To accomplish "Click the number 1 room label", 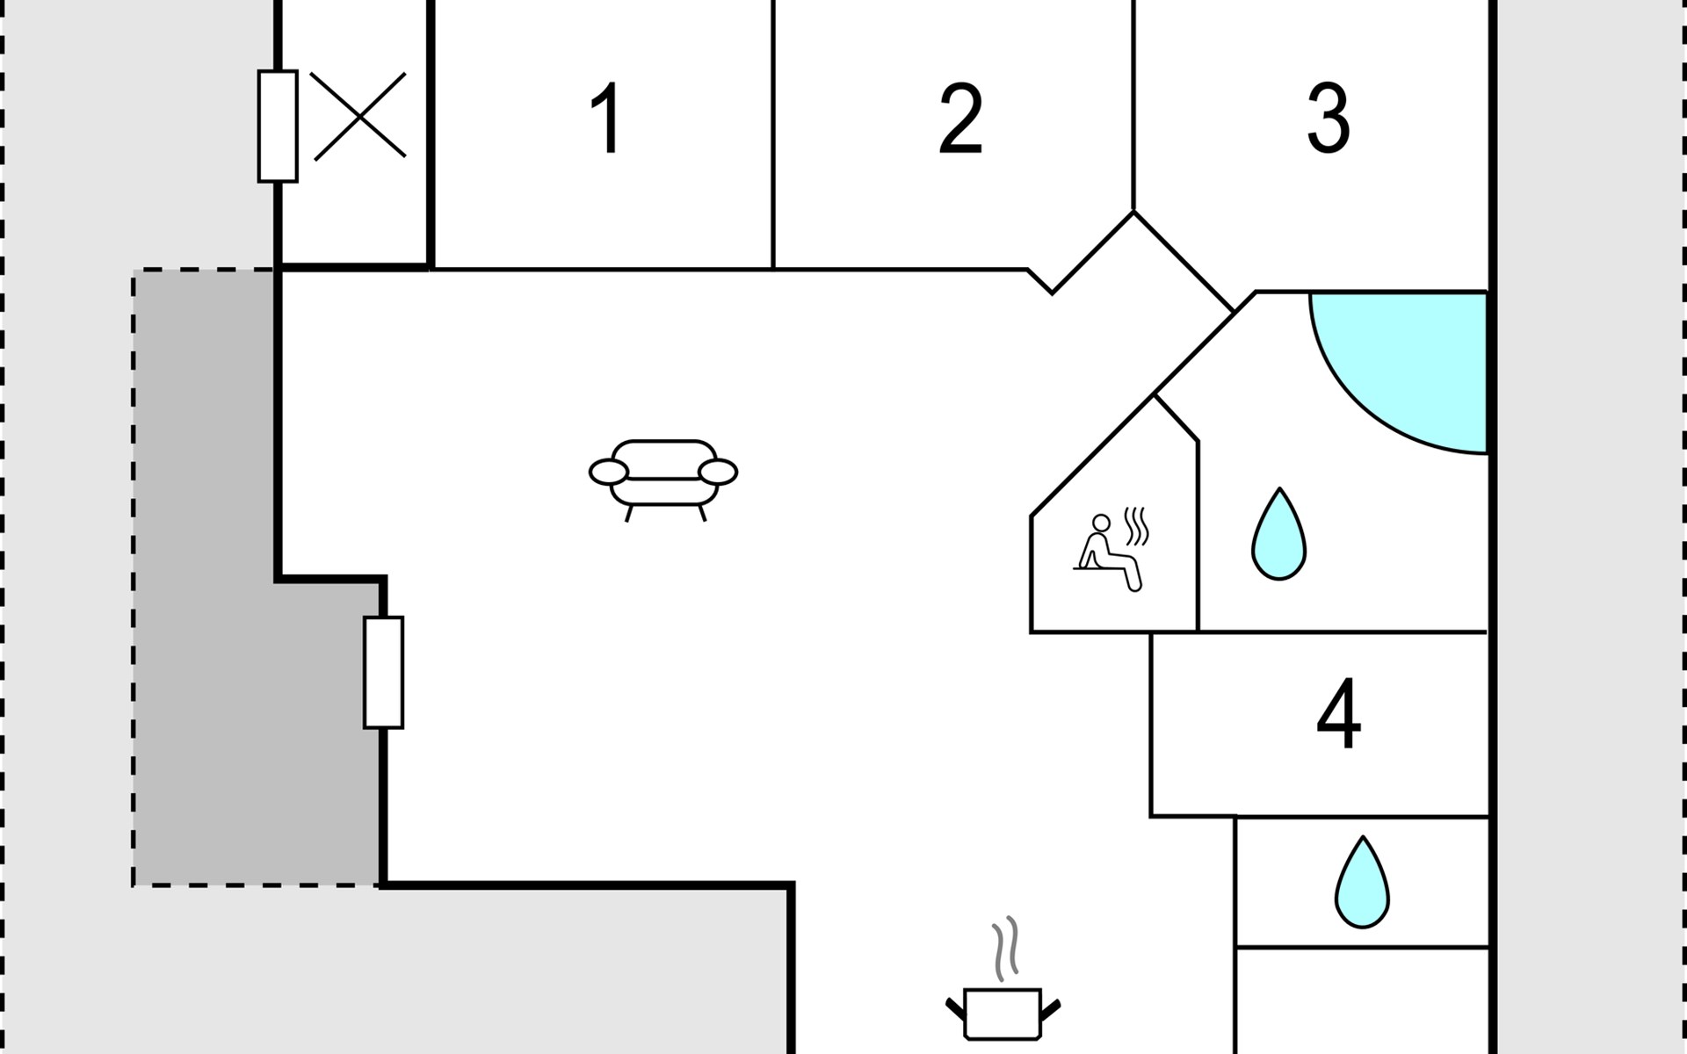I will [606, 119].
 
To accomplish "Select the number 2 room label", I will [959, 119].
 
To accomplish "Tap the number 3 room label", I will [1328, 119].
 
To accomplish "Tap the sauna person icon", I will [1107, 553].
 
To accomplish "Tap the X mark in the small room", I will [358, 116].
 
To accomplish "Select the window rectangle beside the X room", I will [278, 126].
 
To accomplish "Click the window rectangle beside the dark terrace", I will [384, 672].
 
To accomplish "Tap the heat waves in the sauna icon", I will [1137, 525].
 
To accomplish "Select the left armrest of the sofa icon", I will [608, 473].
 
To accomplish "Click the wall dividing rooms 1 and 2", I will [773, 132].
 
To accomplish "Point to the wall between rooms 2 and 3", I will [1133, 105].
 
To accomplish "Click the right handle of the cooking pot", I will [1051, 1009].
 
